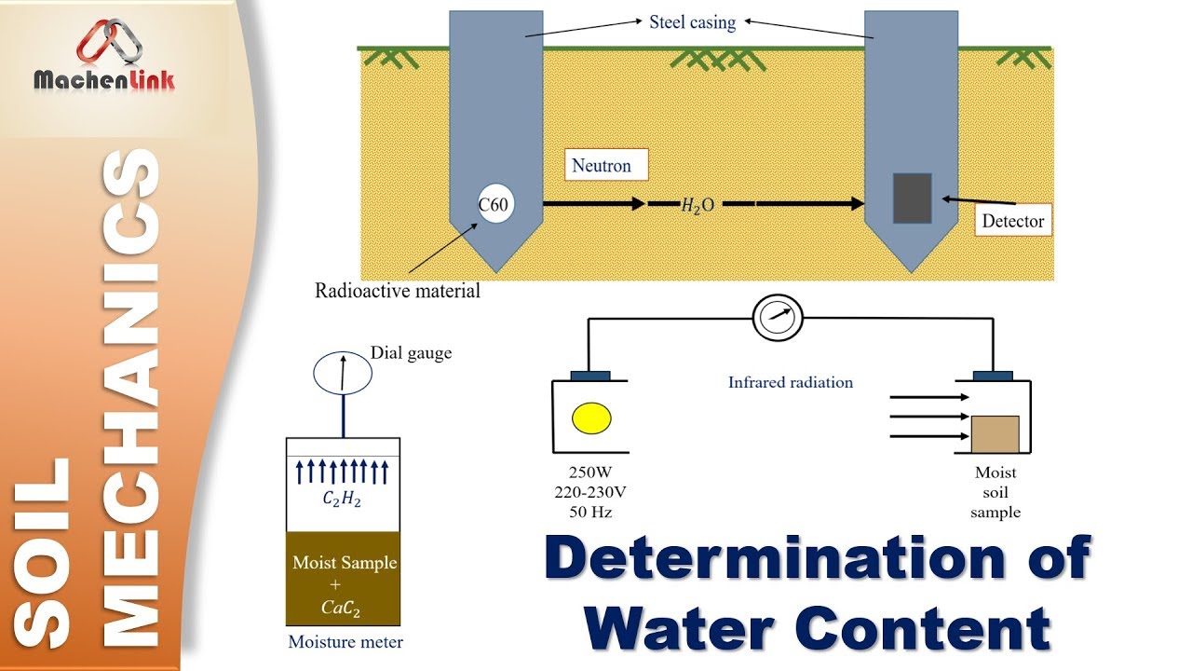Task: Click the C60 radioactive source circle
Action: click(x=494, y=205)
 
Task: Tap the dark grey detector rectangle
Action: click(x=912, y=198)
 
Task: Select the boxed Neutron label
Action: click(x=601, y=166)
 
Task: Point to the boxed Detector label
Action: click(x=1013, y=222)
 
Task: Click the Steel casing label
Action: click(x=692, y=22)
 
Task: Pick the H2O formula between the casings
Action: click(x=698, y=205)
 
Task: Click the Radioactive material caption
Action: click(x=398, y=291)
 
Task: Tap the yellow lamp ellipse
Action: click(x=592, y=418)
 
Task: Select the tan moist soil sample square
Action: click(x=995, y=434)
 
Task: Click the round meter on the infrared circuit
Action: click(x=778, y=317)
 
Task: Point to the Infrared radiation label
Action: click(x=791, y=382)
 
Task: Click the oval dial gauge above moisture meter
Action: click(x=342, y=374)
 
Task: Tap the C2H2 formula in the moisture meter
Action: click(x=342, y=500)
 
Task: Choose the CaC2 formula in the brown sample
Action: click(x=343, y=609)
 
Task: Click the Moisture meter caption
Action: click(x=345, y=642)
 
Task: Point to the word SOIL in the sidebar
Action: click(x=45, y=550)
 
